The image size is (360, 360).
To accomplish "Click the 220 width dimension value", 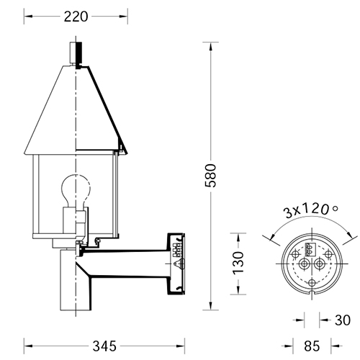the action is [x=76, y=17].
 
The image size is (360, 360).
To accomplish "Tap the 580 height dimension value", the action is [x=211, y=176].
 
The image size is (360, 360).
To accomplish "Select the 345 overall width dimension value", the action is [x=104, y=346].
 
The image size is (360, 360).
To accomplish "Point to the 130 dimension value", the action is [x=238, y=263].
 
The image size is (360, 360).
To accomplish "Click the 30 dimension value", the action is [x=343, y=320].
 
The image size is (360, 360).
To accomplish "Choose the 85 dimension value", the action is [x=312, y=346].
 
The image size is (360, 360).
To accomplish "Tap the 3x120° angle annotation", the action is [x=311, y=210].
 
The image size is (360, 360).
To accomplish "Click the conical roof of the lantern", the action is [x=76, y=109].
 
